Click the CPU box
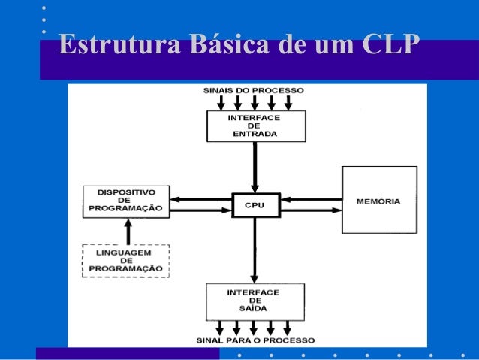click(x=255, y=205)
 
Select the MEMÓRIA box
click(x=378, y=200)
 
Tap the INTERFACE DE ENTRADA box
click(x=255, y=126)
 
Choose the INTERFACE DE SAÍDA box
click(x=255, y=301)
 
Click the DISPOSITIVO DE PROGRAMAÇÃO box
click(x=126, y=201)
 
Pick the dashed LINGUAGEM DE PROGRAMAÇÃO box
click(x=126, y=260)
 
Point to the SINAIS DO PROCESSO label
click(x=254, y=90)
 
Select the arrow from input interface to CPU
click(x=255, y=167)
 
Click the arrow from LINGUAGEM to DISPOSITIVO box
click(x=128, y=231)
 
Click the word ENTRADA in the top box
click(x=255, y=134)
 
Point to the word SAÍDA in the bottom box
click(x=255, y=308)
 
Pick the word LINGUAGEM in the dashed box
click(x=126, y=253)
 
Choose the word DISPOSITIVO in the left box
click(x=126, y=192)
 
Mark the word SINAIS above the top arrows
click(x=218, y=90)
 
